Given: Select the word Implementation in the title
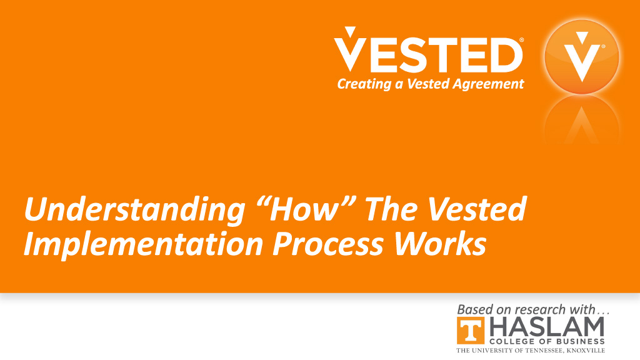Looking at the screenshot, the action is point(143,245).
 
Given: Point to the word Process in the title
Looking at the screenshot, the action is point(328,244).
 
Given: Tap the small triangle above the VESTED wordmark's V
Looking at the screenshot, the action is point(350,32).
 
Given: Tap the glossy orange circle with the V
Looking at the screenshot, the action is point(582,57).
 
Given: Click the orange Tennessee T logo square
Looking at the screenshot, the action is point(471,331).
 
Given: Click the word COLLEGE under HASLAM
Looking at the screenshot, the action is point(509,341).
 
